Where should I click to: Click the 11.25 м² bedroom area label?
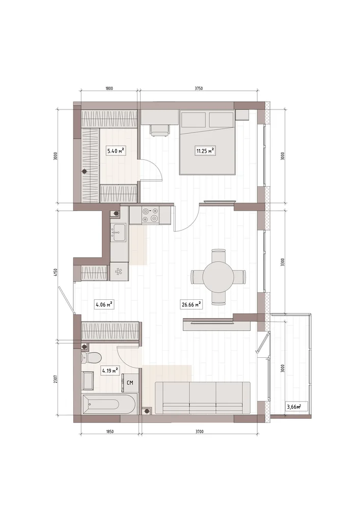(x=205, y=151)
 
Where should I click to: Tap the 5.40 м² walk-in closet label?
(x=116, y=151)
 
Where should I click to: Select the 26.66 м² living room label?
(x=190, y=304)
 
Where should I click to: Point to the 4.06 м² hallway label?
(x=104, y=304)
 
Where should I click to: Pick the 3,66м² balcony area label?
(x=293, y=406)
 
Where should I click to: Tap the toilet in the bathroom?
(x=91, y=358)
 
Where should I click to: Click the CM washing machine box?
(x=130, y=383)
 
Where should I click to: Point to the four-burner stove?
(x=150, y=215)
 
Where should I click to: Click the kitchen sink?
(x=119, y=233)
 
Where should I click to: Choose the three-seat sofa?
(x=203, y=398)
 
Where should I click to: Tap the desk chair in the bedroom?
(x=159, y=129)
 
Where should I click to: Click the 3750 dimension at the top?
(x=199, y=88)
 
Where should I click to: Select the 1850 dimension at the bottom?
(x=109, y=432)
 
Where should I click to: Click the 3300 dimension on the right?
(x=283, y=262)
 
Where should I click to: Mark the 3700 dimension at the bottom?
(x=199, y=432)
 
